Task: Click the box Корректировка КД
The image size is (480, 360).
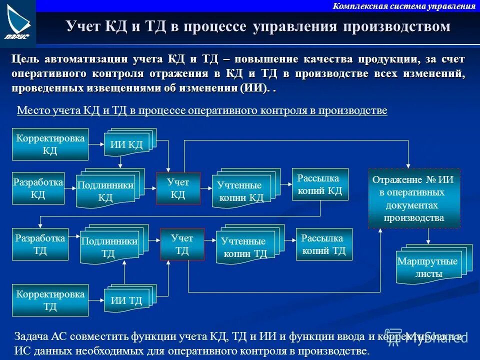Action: click(50, 144)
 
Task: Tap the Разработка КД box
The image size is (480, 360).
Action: click(38, 188)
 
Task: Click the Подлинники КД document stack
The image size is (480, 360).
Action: click(106, 190)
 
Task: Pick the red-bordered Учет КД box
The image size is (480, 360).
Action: click(178, 188)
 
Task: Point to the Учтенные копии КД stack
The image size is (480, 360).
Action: click(241, 189)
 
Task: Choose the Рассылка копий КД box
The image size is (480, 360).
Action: click(320, 184)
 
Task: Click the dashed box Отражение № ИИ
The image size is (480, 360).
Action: click(413, 198)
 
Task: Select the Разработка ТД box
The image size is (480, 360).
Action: click(40, 244)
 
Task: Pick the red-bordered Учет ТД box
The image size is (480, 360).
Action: click(182, 244)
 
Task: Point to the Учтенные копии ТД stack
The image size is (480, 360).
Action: click(245, 246)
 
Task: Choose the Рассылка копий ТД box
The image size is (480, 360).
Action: click(324, 244)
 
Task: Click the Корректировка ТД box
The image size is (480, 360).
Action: click(50, 300)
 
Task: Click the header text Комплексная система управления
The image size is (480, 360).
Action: click(403, 6)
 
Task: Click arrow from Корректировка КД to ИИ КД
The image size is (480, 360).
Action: click(96, 143)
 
